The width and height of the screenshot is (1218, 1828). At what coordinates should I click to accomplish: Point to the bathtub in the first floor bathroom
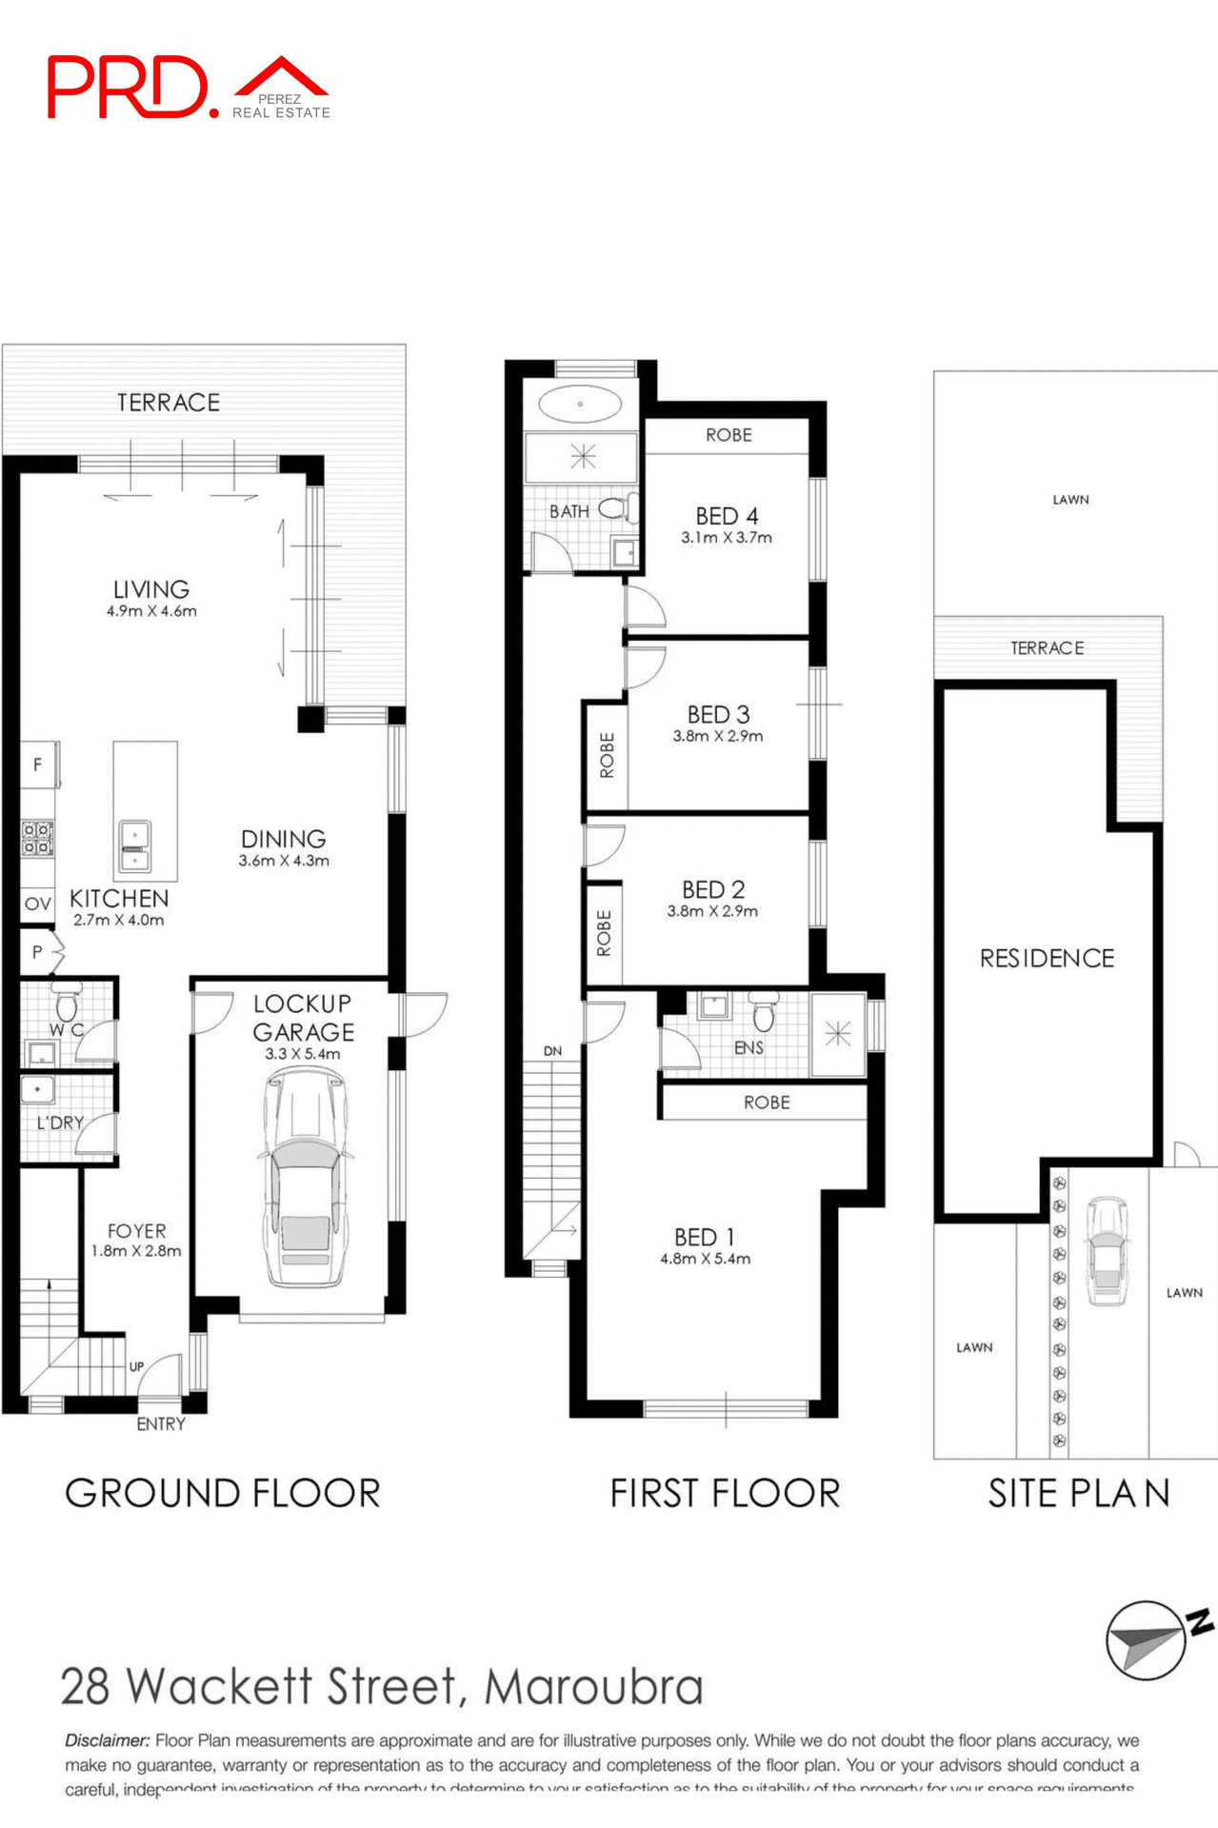pos(580,404)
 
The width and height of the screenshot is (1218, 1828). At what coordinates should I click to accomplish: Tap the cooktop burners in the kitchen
pos(37,839)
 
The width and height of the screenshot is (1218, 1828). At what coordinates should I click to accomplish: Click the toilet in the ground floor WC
pos(67,1003)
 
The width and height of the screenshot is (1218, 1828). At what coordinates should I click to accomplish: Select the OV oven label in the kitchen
pos(37,904)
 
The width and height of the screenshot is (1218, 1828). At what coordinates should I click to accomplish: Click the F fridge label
pos(37,765)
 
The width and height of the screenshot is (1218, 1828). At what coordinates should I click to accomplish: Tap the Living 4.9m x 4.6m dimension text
pos(151,611)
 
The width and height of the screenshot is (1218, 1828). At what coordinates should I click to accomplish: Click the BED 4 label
pos(727,516)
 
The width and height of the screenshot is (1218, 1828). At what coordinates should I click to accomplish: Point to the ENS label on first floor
pos(749,1047)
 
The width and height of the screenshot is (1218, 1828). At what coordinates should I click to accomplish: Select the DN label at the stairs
pos(552,1051)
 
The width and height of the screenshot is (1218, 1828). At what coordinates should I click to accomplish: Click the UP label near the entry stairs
pos(136,1366)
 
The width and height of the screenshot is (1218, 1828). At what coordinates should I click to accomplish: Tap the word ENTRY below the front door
pos(160,1424)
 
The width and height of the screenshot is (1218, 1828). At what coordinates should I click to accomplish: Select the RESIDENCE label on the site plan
pos(1047,958)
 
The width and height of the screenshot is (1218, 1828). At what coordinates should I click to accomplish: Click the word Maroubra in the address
pos(593,1687)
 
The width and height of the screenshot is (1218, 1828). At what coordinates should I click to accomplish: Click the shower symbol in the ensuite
pos(838,1034)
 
